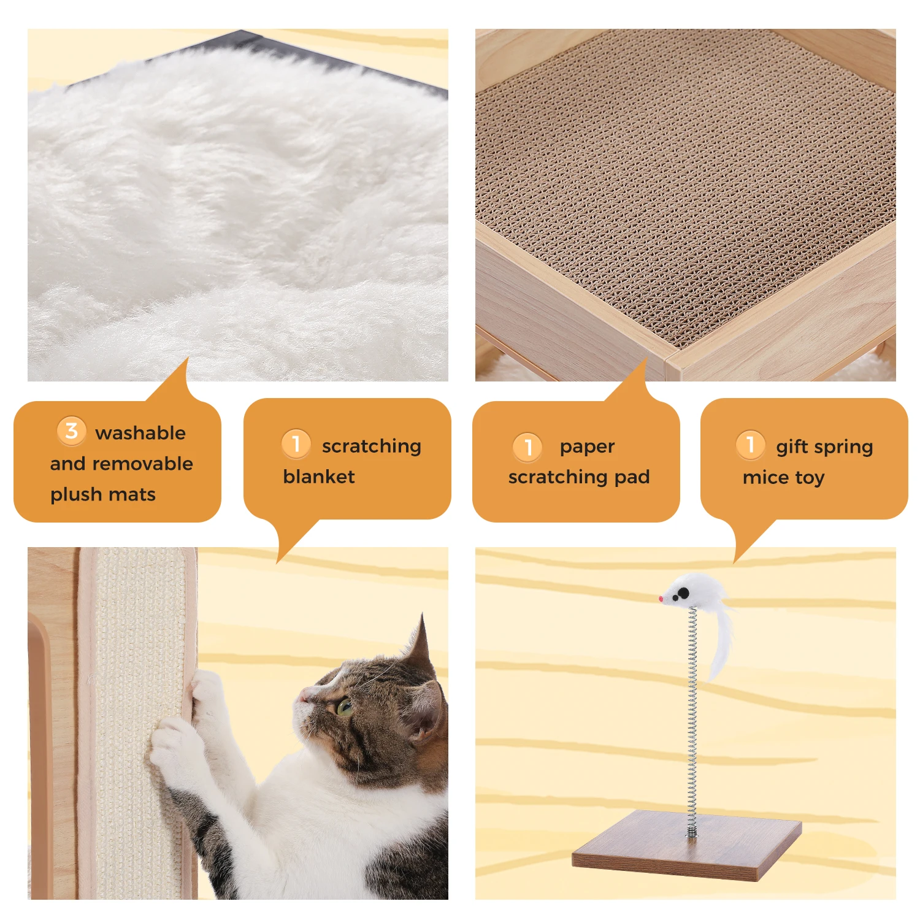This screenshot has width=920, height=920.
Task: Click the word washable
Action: pyautogui.click(x=140, y=433)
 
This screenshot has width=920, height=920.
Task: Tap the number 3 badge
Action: pyautogui.click(x=71, y=431)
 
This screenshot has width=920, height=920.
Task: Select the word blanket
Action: pyautogui.click(x=319, y=477)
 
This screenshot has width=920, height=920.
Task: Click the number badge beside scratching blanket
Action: pyautogui.click(x=296, y=443)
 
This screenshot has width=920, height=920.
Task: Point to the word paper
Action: pyautogui.click(x=587, y=447)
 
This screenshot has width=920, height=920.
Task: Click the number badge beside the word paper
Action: pyautogui.click(x=527, y=447)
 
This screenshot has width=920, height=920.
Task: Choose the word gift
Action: pyautogui.click(x=792, y=447)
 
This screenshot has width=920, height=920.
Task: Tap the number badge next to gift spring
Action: pyautogui.click(x=750, y=444)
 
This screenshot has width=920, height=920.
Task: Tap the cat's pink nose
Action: pyautogui.click(x=302, y=696)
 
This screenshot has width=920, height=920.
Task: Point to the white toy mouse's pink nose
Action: pyautogui.click(x=662, y=599)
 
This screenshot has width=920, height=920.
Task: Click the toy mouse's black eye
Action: pyautogui.click(x=683, y=592)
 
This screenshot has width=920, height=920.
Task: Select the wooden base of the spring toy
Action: pyautogui.click(x=687, y=846)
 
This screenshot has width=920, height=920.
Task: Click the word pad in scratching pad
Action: pyautogui.click(x=632, y=477)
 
